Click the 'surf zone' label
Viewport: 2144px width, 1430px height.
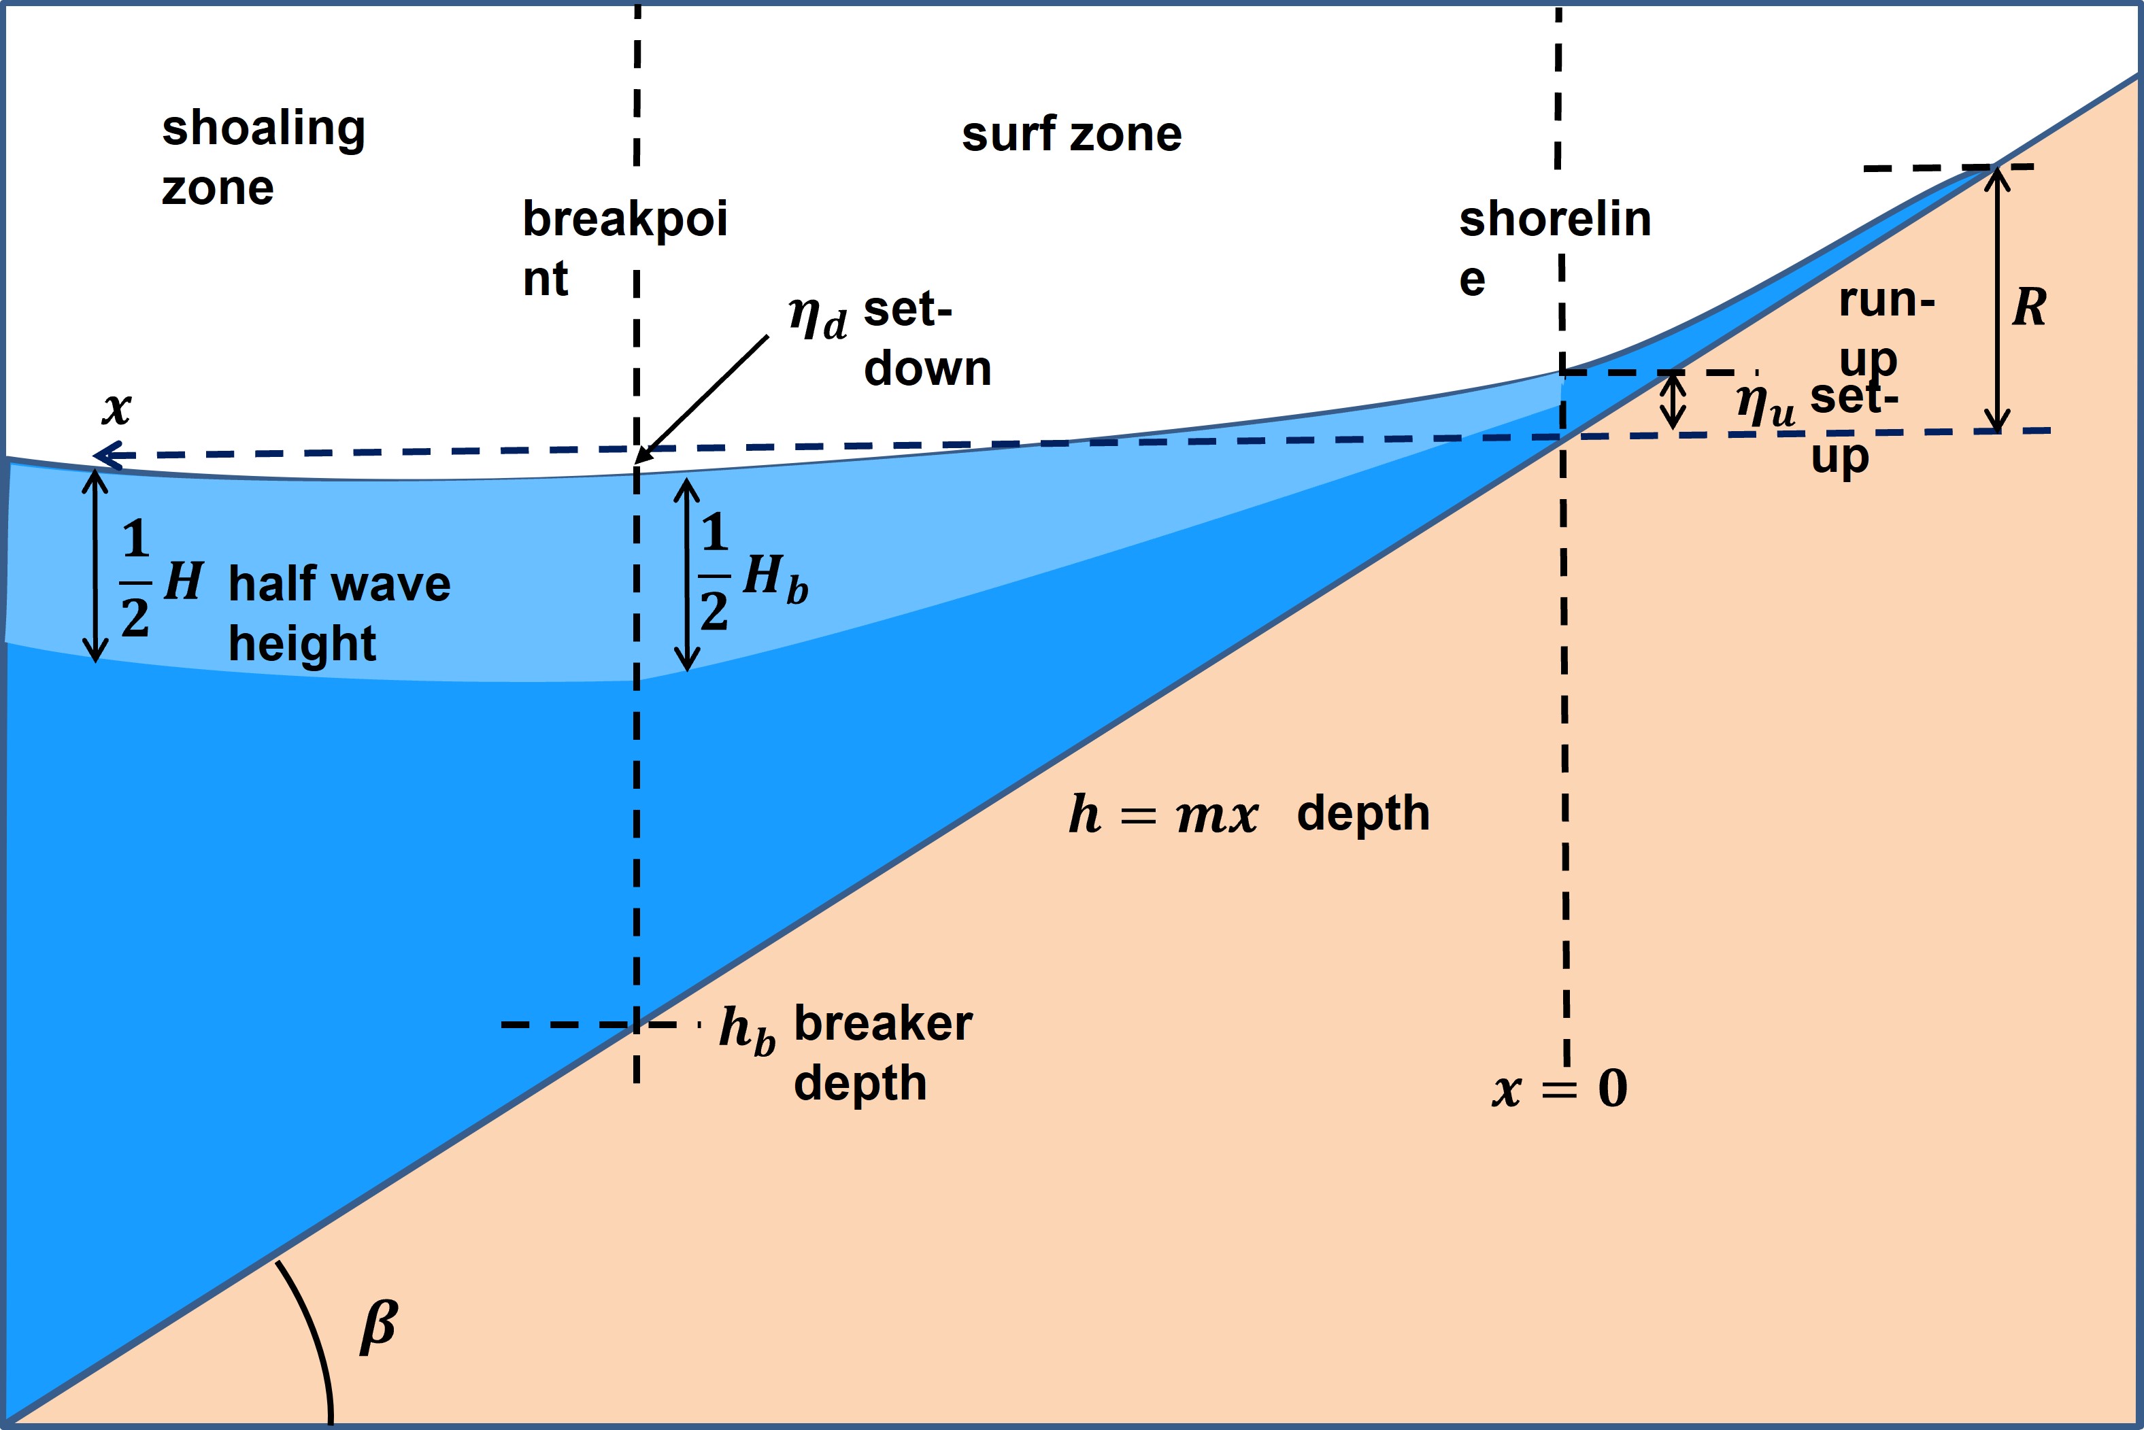point(1071,135)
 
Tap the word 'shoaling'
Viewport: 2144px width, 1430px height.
point(264,129)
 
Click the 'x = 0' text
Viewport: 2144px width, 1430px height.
point(1559,1088)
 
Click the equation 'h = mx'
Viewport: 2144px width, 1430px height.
point(1163,815)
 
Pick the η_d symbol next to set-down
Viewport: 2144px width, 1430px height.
point(818,318)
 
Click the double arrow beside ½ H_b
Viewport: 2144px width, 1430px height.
point(687,575)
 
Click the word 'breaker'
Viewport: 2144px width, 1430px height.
point(882,1023)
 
